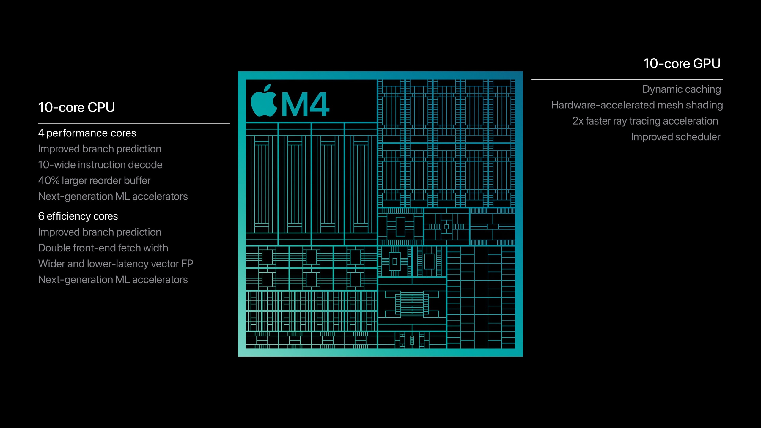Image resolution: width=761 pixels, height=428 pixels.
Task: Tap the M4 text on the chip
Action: click(x=305, y=105)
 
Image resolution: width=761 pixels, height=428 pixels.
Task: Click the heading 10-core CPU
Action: click(x=76, y=107)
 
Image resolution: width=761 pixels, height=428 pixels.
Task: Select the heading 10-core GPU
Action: click(x=682, y=64)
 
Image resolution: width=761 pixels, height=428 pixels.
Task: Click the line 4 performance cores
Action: click(x=87, y=133)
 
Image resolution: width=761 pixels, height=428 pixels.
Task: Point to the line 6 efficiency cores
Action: click(x=78, y=216)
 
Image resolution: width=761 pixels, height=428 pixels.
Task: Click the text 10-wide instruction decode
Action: click(x=100, y=165)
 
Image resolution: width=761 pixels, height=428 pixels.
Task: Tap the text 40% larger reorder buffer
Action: click(x=94, y=181)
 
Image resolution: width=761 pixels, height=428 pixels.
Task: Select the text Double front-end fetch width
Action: click(x=103, y=248)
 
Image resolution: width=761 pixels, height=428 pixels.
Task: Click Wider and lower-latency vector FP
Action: click(x=116, y=264)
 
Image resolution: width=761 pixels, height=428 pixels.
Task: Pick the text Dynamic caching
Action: click(x=681, y=89)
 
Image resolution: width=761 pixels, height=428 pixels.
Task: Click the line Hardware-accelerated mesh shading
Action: click(x=637, y=105)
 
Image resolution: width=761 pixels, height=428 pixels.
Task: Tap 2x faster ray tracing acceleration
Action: click(x=645, y=121)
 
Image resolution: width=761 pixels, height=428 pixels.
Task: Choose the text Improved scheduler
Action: click(x=675, y=137)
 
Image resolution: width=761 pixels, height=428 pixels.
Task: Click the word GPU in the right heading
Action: click(x=707, y=64)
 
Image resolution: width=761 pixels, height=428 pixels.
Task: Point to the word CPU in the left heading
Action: click(x=101, y=107)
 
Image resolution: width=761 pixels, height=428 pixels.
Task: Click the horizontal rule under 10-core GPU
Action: click(x=627, y=80)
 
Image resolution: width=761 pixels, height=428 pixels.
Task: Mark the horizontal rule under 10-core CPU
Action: click(x=134, y=123)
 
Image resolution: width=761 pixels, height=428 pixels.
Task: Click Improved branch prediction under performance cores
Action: click(x=100, y=149)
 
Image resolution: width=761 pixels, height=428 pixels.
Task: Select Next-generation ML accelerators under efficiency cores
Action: click(x=113, y=280)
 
